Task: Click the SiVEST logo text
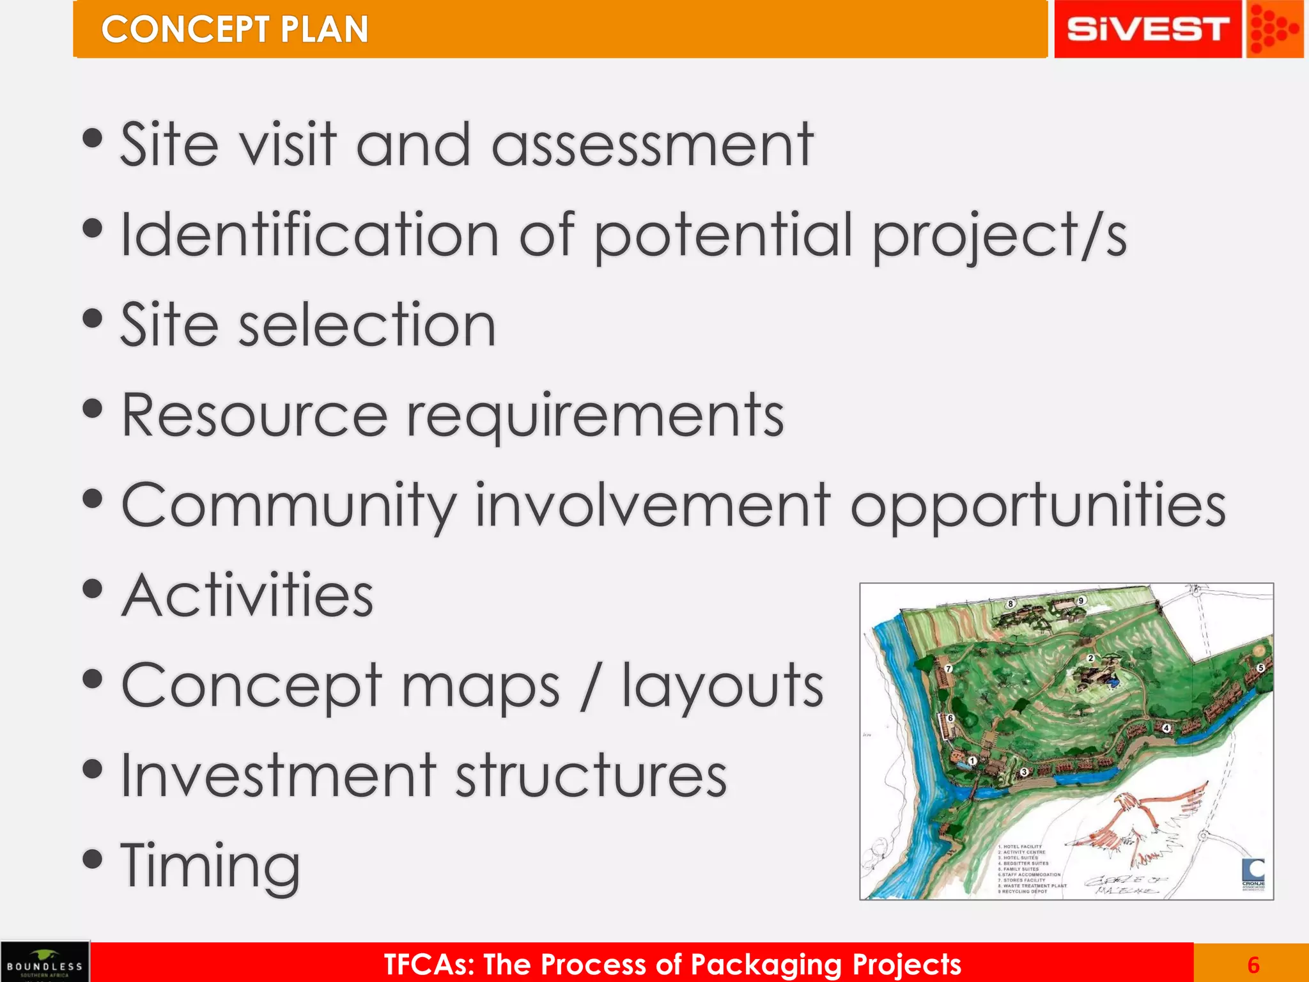coord(1147,29)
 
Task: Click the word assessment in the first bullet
coord(653,146)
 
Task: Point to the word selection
coord(367,325)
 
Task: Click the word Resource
coord(254,416)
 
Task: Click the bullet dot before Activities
coord(93,589)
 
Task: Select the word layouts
coord(723,686)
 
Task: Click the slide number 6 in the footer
coord(1253,964)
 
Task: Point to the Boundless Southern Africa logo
coord(45,962)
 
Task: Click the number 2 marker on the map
coord(1091,658)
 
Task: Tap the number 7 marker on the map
coord(949,669)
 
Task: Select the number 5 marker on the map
coord(1260,667)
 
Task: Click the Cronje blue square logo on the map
coord(1253,869)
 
